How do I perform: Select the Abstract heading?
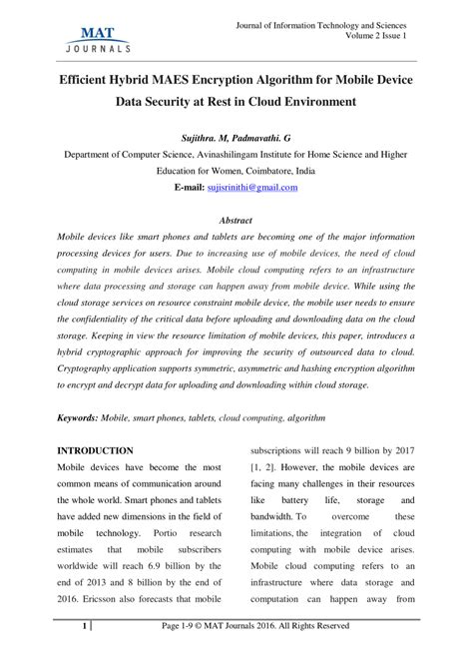tap(236, 219)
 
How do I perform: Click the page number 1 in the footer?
tap(85, 654)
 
